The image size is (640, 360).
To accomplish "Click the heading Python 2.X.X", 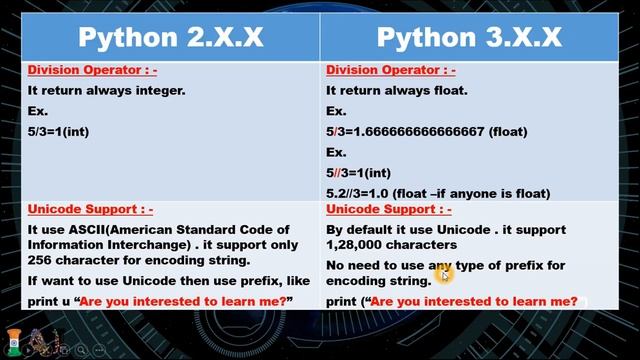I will tap(171, 37).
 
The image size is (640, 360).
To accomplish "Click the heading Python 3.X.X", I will tap(469, 37).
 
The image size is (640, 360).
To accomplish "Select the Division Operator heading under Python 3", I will tap(390, 70).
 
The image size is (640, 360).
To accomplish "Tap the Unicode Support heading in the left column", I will tap(89, 210).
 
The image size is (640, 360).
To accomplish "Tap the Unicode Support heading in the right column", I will tap(388, 210).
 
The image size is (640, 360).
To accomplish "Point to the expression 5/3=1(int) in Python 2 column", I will tap(68, 131).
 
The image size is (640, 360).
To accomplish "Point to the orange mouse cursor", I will tap(445, 272).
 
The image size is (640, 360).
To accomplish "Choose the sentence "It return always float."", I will tap(383, 90).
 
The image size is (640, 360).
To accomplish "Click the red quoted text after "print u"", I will tap(184, 301).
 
